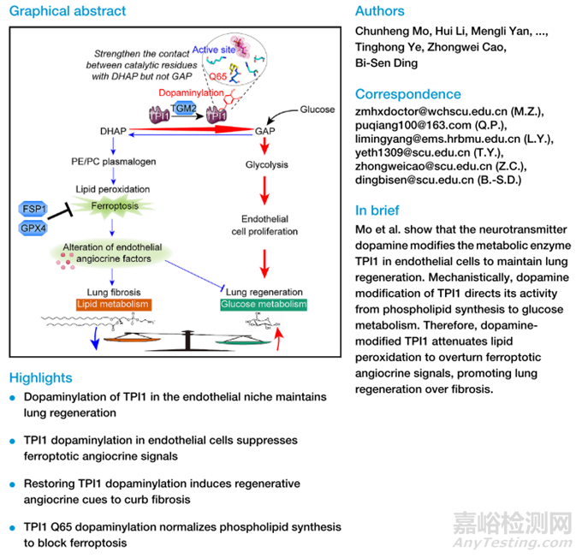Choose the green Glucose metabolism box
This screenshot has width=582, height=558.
tap(263, 305)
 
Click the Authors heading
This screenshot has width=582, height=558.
tap(378, 11)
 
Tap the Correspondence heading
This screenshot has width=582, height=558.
tap(407, 94)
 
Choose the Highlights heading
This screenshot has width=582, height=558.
tap(40, 377)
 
